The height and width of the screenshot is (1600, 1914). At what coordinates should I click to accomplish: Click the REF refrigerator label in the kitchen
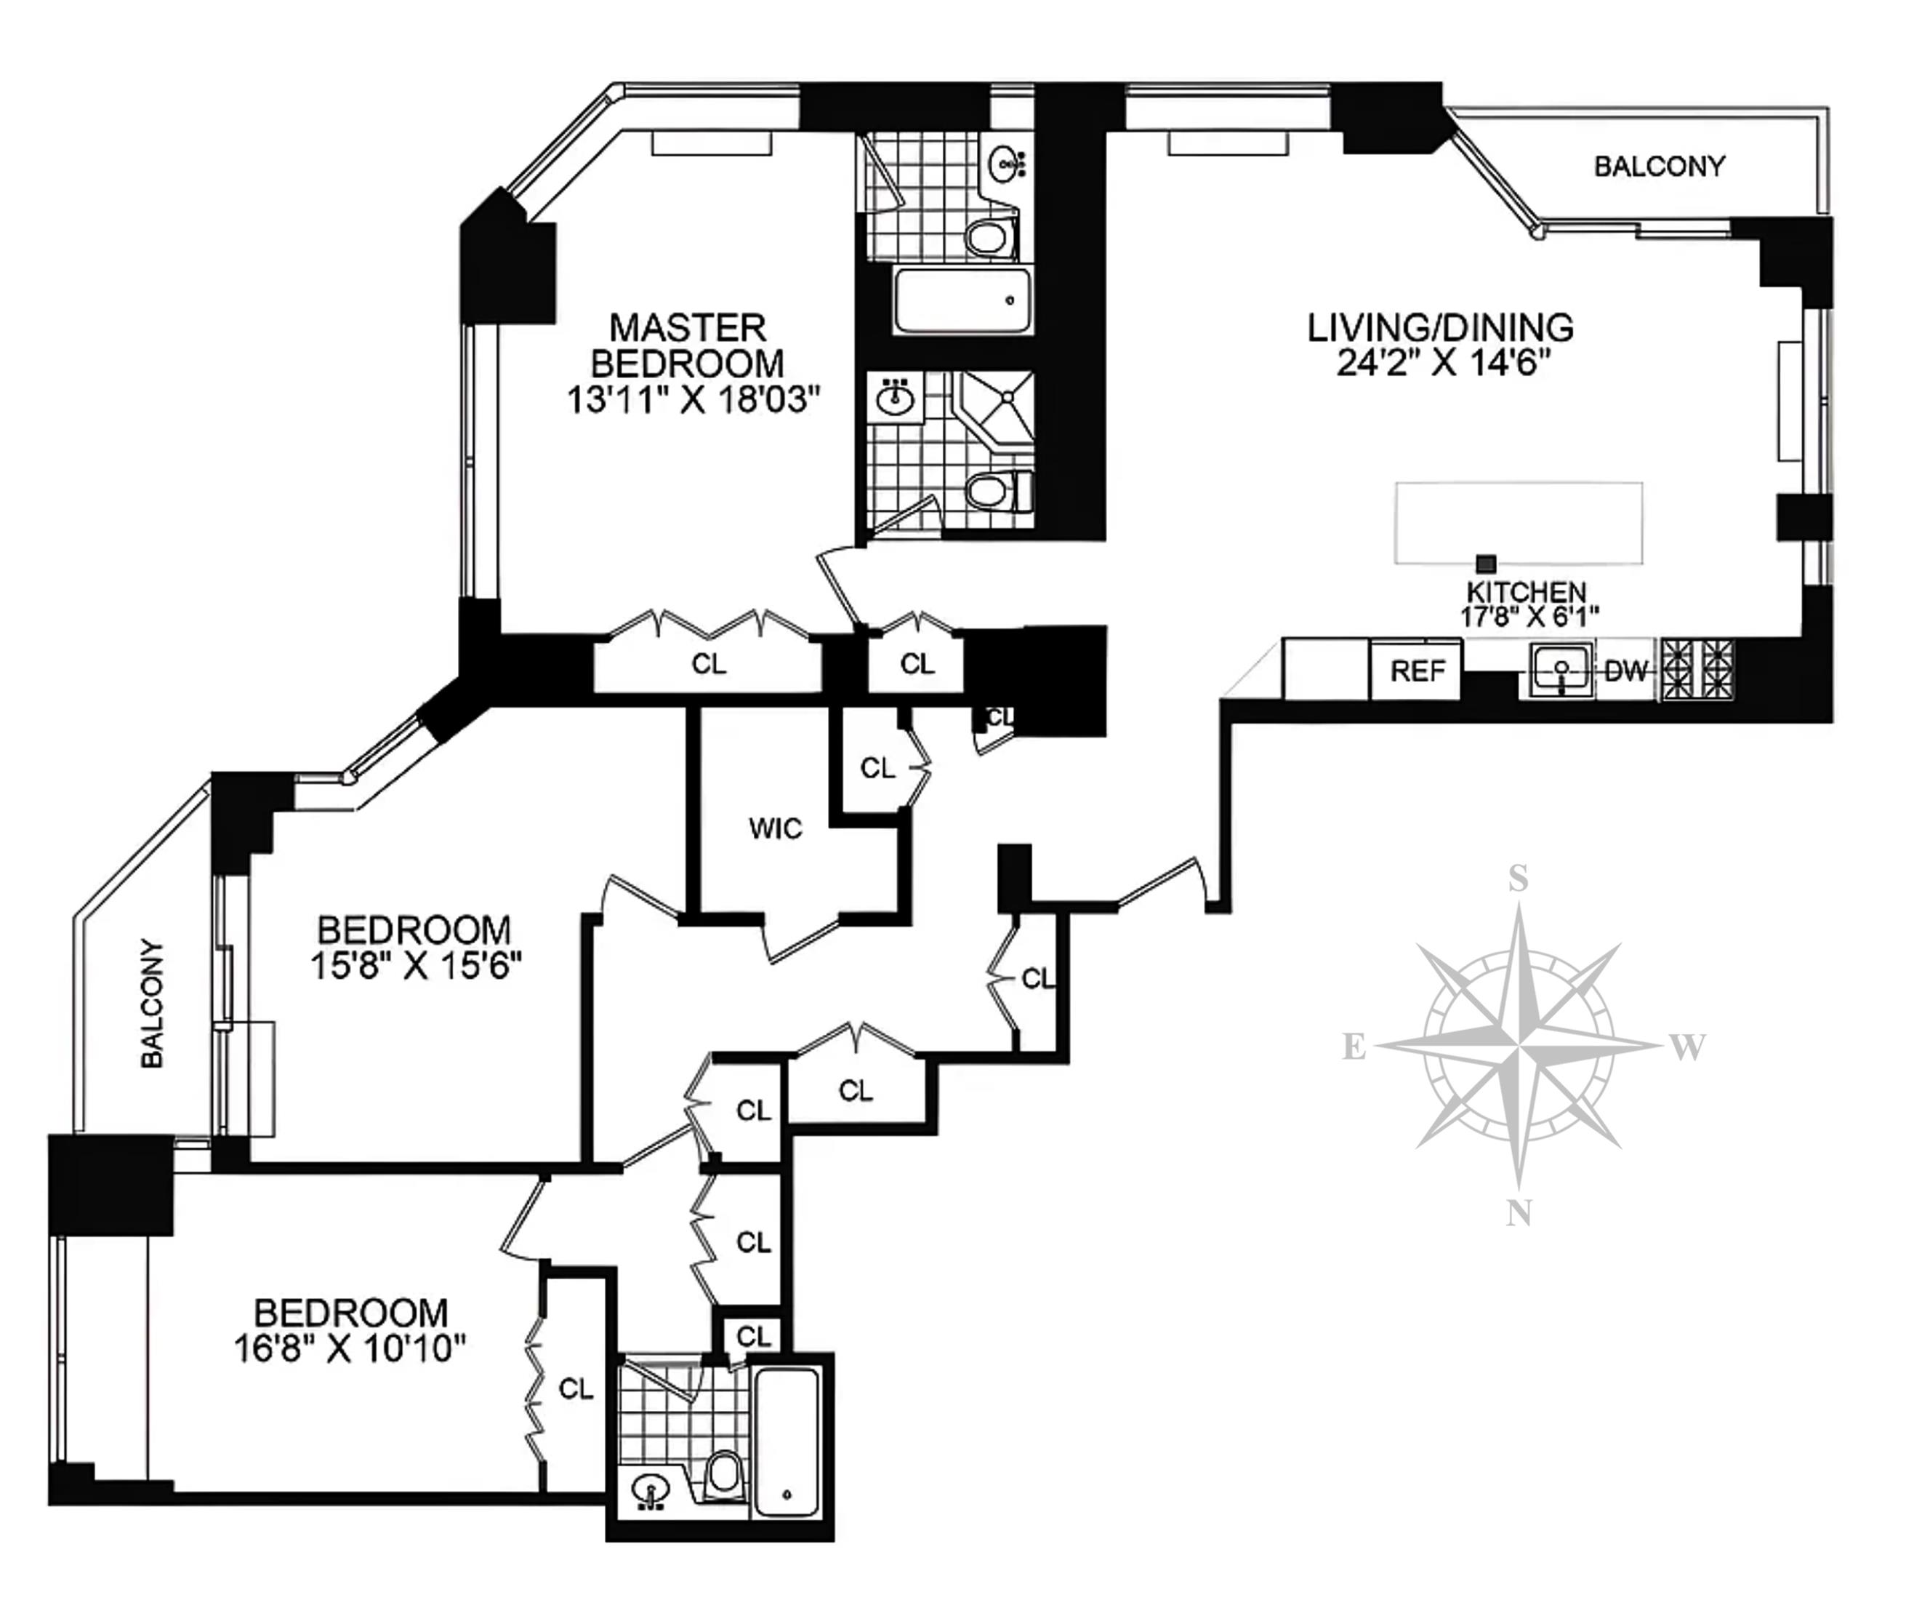click(1418, 671)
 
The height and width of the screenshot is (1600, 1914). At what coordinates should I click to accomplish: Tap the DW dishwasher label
click(1626, 671)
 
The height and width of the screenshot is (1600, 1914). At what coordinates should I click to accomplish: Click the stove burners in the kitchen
click(1698, 670)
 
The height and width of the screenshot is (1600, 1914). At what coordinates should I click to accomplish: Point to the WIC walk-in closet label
click(776, 828)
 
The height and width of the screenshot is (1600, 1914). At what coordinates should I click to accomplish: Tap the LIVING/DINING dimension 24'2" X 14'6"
click(1444, 364)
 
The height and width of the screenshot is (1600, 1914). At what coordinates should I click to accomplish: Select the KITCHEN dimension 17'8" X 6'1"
click(1529, 617)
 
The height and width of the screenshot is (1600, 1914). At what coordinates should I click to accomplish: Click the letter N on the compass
click(1518, 1213)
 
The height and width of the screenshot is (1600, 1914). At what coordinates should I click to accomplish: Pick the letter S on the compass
click(1519, 878)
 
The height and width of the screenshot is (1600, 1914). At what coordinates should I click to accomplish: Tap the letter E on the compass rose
click(1354, 1047)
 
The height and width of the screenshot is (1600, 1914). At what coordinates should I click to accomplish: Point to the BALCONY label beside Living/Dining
click(1659, 166)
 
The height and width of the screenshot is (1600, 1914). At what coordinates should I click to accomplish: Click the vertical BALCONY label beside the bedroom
click(152, 1003)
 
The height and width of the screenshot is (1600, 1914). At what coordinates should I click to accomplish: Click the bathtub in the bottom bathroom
click(787, 1442)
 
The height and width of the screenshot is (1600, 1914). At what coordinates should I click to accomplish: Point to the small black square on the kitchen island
click(1487, 564)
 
